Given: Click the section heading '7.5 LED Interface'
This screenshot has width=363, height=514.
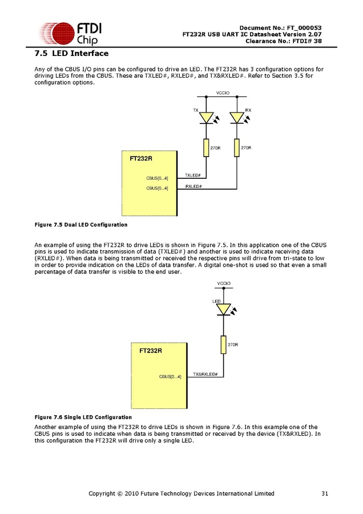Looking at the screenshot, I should (71, 54).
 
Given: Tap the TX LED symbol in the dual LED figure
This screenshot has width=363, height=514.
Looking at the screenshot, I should (206, 118).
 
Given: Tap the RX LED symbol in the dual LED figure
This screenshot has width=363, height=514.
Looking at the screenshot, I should (237, 118).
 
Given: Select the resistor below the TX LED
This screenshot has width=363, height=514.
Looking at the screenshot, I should (206, 148).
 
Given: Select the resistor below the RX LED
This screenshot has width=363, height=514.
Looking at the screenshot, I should (237, 148).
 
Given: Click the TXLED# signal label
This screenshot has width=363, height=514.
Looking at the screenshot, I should (192, 175).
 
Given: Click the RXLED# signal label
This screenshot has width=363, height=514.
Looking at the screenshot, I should (193, 187).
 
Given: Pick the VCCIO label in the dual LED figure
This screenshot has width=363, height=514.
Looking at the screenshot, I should (223, 93).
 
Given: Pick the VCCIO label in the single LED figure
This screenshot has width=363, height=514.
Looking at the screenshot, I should (224, 284).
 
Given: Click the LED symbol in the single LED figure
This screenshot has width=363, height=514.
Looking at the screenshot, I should (223, 310).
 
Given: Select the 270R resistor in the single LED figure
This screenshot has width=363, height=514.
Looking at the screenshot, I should (223, 344).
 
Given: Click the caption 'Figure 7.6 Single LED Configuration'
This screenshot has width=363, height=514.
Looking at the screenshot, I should (83, 417).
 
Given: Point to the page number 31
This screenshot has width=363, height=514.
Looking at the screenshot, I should (324, 493).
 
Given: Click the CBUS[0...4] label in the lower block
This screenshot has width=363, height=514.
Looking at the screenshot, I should (170, 376).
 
